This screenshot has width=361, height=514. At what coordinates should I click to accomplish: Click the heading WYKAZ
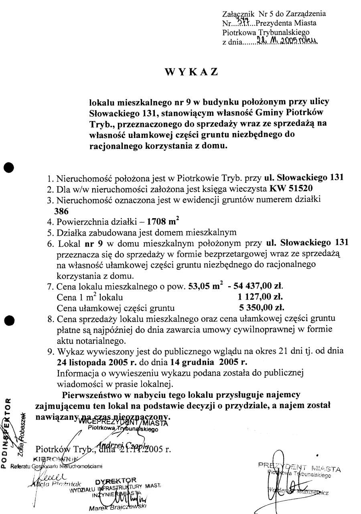192,72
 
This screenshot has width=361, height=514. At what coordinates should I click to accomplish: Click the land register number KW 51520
291,188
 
